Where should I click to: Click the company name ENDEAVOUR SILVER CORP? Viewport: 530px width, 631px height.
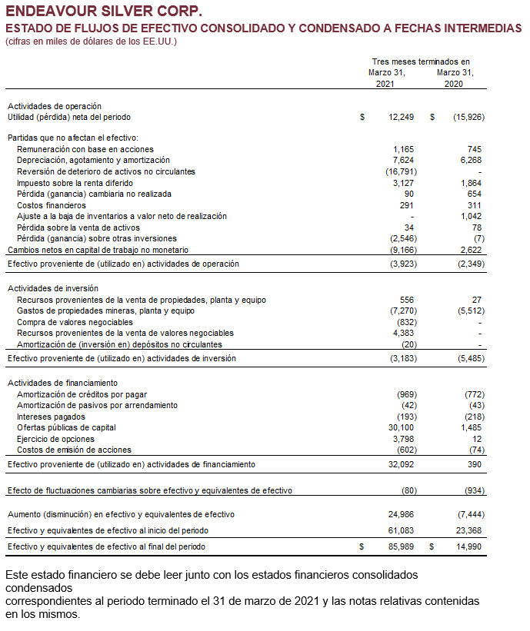[x=105, y=12]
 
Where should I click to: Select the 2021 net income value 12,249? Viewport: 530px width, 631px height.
[x=402, y=118]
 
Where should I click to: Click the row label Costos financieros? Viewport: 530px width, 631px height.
[x=52, y=205]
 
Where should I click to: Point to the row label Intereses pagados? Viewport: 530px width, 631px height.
[x=51, y=417]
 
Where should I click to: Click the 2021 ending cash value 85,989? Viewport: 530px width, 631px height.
[x=402, y=546]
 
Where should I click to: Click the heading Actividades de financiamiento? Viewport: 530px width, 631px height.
[x=62, y=383]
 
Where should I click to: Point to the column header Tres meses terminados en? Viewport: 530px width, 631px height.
[x=420, y=61]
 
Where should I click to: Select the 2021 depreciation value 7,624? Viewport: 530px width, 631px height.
[x=404, y=160]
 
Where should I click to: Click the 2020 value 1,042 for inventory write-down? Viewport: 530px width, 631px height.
[x=472, y=217]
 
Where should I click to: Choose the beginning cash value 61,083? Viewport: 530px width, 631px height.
[x=402, y=530]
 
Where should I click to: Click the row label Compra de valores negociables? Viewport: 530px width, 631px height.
[x=75, y=322]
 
